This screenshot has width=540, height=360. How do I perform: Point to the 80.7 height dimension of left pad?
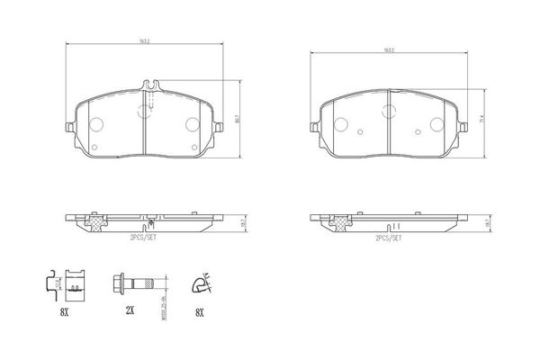[236, 116]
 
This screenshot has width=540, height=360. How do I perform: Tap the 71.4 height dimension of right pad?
[483, 119]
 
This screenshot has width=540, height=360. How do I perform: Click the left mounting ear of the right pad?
[314, 127]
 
